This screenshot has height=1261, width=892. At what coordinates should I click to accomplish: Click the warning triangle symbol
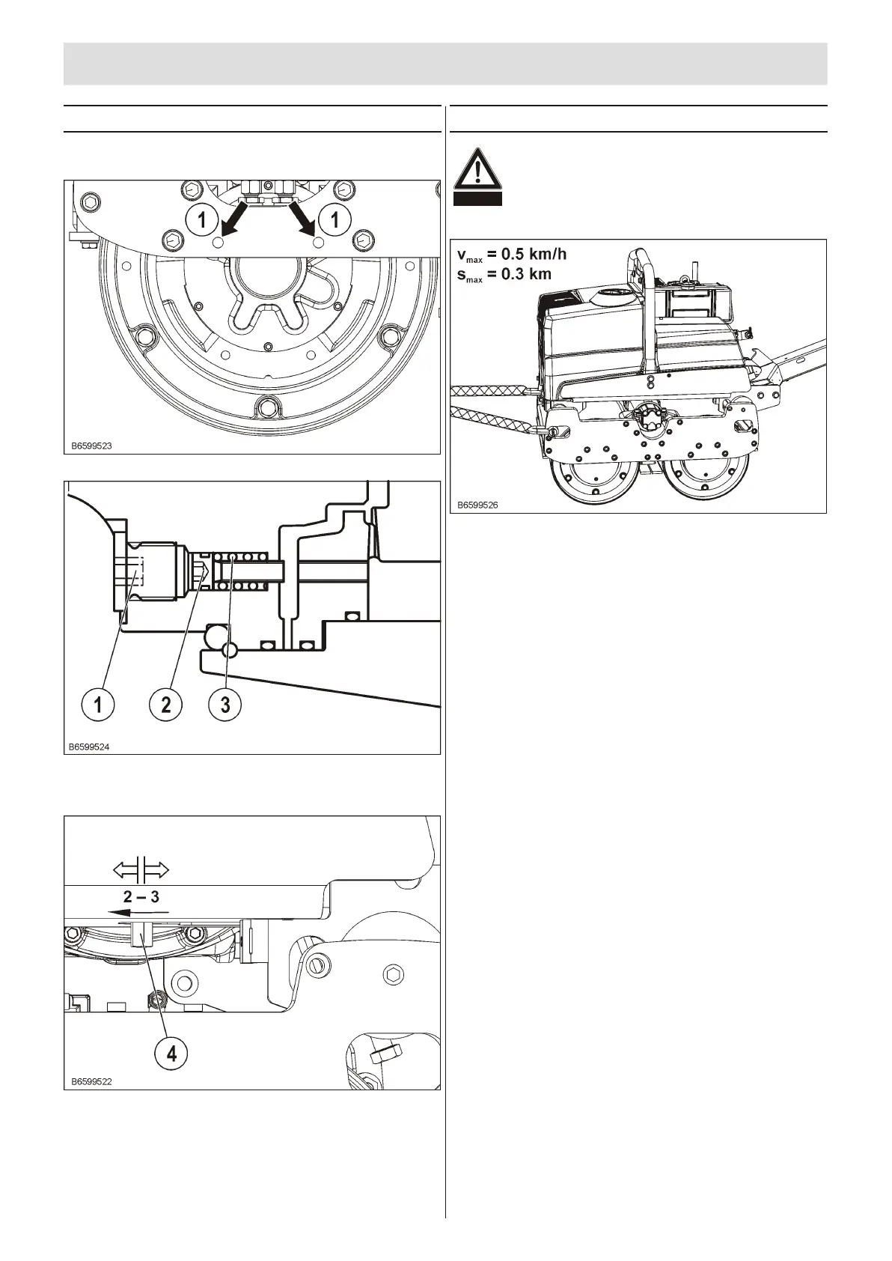[x=477, y=170]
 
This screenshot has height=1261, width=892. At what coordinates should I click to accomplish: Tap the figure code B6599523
[x=91, y=446]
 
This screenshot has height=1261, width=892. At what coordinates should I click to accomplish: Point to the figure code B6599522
[x=91, y=1081]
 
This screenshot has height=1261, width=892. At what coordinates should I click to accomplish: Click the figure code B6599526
[x=477, y=505]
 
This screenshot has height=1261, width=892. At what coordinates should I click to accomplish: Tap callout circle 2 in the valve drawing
[x=165, y=704]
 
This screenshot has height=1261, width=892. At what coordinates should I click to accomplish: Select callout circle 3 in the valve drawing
[x=225, y=704]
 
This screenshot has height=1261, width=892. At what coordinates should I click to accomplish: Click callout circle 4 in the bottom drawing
[x=172, y=1054]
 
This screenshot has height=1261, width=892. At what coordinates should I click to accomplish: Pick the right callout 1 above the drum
[x=334, y=219]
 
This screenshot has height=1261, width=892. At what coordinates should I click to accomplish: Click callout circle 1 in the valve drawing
[x=97, y=704]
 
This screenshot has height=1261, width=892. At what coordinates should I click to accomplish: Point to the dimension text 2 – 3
[x=141, y=896]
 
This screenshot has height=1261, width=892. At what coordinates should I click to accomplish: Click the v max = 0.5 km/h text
[x=512, y=255]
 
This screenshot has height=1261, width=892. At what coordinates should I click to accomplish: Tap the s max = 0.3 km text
[x=504, y=274]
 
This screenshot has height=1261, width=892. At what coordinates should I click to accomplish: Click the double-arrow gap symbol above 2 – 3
[x=141, y=870]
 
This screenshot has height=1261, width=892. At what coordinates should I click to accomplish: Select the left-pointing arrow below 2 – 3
[x=138, y=913]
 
